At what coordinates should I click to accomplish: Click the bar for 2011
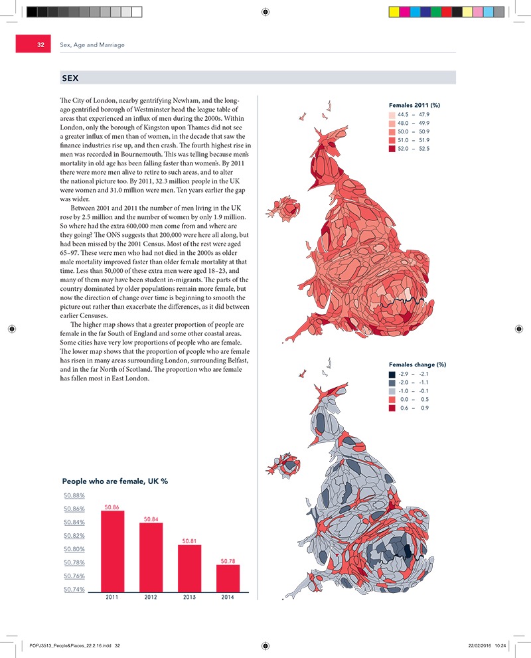(x=112, y=551)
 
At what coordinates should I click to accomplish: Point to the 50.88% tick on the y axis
(x=74, y=495)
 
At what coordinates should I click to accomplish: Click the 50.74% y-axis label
(x=74, y=590)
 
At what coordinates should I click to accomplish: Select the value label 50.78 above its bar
(x=228, y=561)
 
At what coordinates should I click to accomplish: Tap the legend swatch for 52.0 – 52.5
(x=392, y=149)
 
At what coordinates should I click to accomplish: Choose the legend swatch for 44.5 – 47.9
(x=392, y=115)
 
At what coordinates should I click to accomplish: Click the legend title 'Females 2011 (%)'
(x=414, y=105)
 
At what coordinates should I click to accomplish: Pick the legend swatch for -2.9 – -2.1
(x=392, y=374)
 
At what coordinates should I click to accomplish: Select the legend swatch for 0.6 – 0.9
(x=392, y=408)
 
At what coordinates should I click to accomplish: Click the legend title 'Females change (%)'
(x=417, y=365)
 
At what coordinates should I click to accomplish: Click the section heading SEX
(x=70, y=78)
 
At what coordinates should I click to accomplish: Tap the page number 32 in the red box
(x=40, y=45)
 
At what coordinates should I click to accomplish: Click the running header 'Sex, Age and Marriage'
(x=92, y=45)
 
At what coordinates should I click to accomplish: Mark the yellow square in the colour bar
(x=393, y=11)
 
